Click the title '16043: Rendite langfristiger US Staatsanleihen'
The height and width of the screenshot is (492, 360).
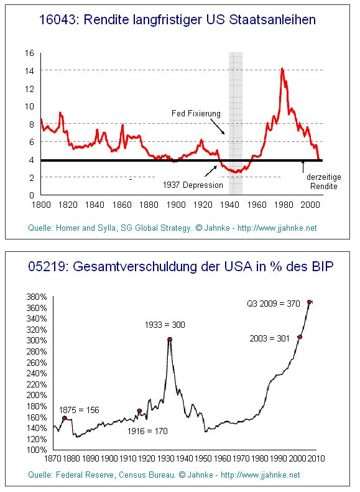pyautogui.click(x=178, y=21)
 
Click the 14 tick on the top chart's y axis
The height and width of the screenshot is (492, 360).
pyautogui.click(x=29, y=70)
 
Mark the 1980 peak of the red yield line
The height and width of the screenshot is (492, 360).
pyautogui.click(x=283, y=68)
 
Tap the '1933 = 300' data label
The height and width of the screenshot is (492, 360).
pyautogui.click(x=165, y=325)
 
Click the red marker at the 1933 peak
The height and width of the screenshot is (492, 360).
pyautogui.click(x=170, y=340)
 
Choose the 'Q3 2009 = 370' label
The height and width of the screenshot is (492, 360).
pyautogui.click(x=274, y=304)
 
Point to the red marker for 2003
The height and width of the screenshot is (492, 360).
pyautogui.click(x=300, y=337)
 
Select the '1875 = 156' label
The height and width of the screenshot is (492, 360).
pyautogui.click(x=80, y=410)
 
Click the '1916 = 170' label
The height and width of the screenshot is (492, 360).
pyautogui.click(x=147, y=430)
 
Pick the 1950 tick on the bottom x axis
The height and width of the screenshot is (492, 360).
pyautogui.click(x=203, y=458)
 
